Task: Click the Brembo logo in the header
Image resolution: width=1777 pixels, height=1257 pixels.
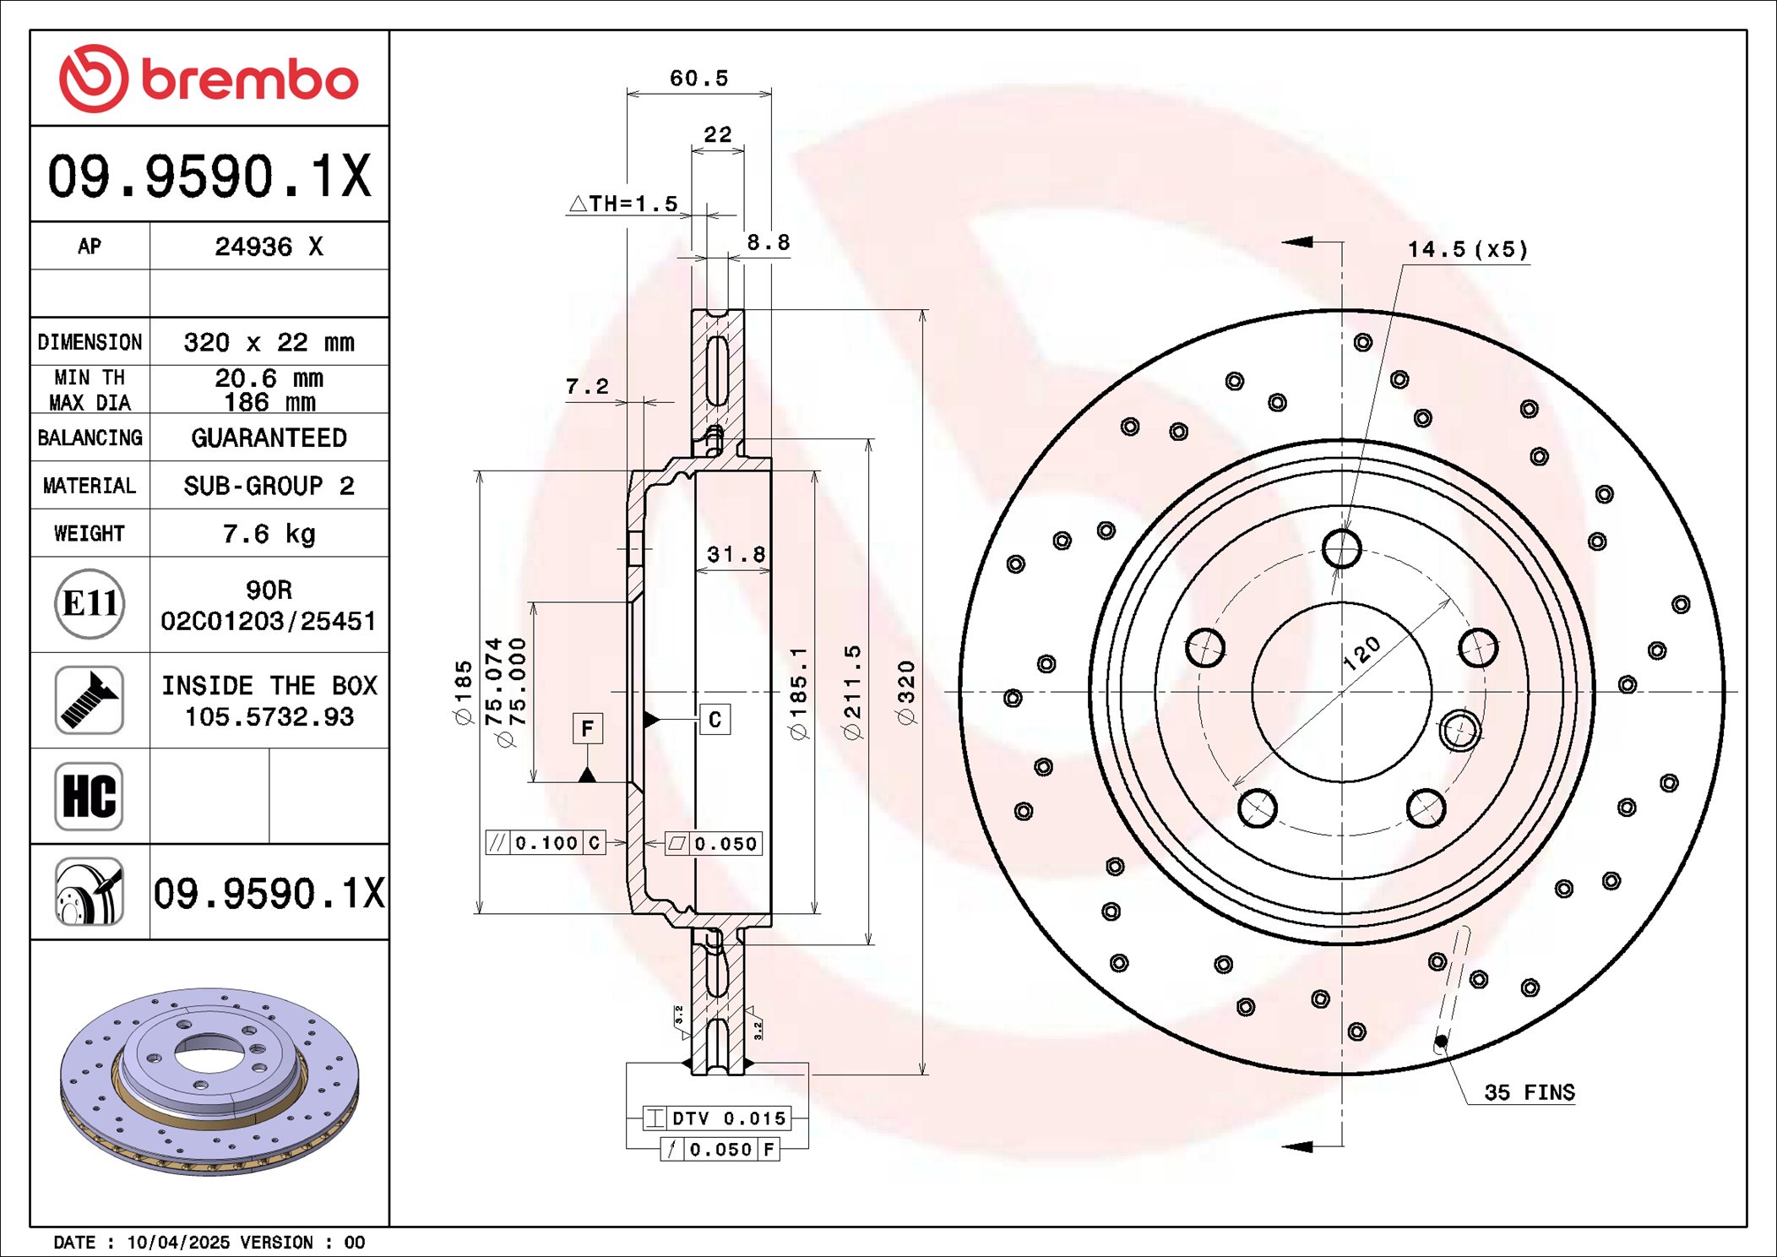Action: click(x=209, y=79)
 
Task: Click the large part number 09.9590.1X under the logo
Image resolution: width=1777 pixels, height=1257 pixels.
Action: click(x=209, y=176)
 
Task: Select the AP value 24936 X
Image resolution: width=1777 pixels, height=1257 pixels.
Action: click(x=269, y=247)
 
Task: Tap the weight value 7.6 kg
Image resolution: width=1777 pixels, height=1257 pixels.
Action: click(x=269, y=534)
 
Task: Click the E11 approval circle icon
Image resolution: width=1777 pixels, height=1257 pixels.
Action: click(x=90, y=604)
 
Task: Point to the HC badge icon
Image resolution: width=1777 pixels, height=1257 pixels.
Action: click(x=90, y=797)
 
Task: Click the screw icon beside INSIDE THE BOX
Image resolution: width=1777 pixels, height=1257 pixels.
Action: click(x=90, y=700)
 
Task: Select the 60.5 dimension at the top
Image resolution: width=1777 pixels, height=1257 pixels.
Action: click(x=698, y=79)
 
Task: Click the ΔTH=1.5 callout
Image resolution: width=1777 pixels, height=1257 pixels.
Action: click(x=624, y=204)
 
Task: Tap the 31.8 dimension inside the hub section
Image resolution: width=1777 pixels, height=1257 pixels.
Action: click(x=736, y=555)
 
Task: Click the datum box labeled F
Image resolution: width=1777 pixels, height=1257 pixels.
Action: click(x=588, y=728)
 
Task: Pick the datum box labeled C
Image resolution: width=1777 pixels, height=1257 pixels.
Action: click(x=715, y=720)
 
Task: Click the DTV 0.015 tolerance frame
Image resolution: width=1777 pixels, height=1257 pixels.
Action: click(x=717, y=1118)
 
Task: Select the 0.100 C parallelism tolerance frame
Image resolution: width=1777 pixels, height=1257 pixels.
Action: click(x=546, y=843)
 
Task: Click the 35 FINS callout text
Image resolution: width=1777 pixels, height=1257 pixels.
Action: click(x=1529, y=1092)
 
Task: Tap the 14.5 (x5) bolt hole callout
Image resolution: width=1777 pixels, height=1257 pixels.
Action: click(x=1467, y=249)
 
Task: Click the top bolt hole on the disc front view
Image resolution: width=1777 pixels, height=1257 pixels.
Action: click(x=1341, y=549)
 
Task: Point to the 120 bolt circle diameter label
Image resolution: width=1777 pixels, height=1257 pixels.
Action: click(x=1361, y=653)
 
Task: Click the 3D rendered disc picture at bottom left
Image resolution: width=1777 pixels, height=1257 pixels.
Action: click(x=209, y=1081)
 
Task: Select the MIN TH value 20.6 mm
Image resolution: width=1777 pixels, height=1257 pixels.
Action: click(x=269, y=378)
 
